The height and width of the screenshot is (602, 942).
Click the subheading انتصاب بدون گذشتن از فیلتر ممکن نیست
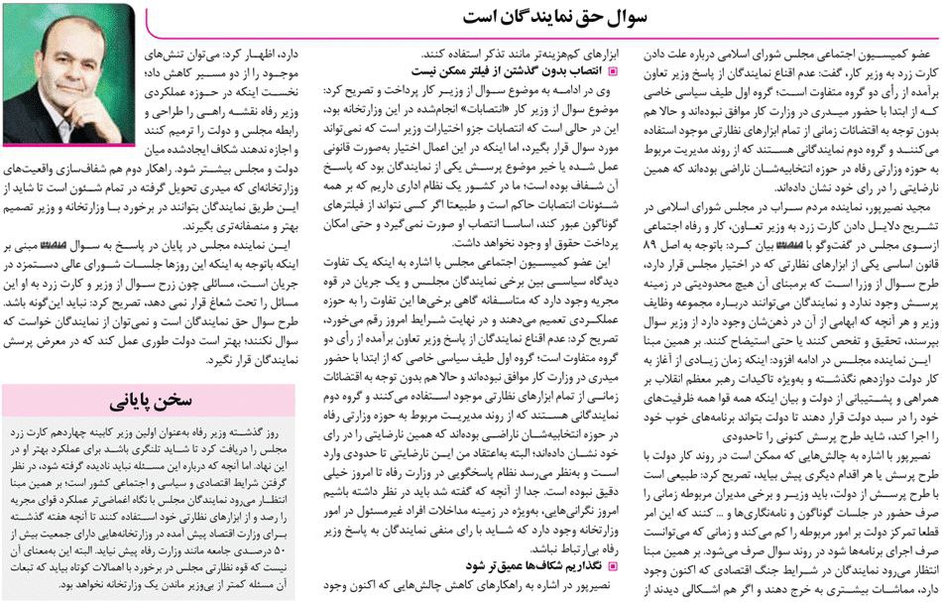[x=517, y=70]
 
